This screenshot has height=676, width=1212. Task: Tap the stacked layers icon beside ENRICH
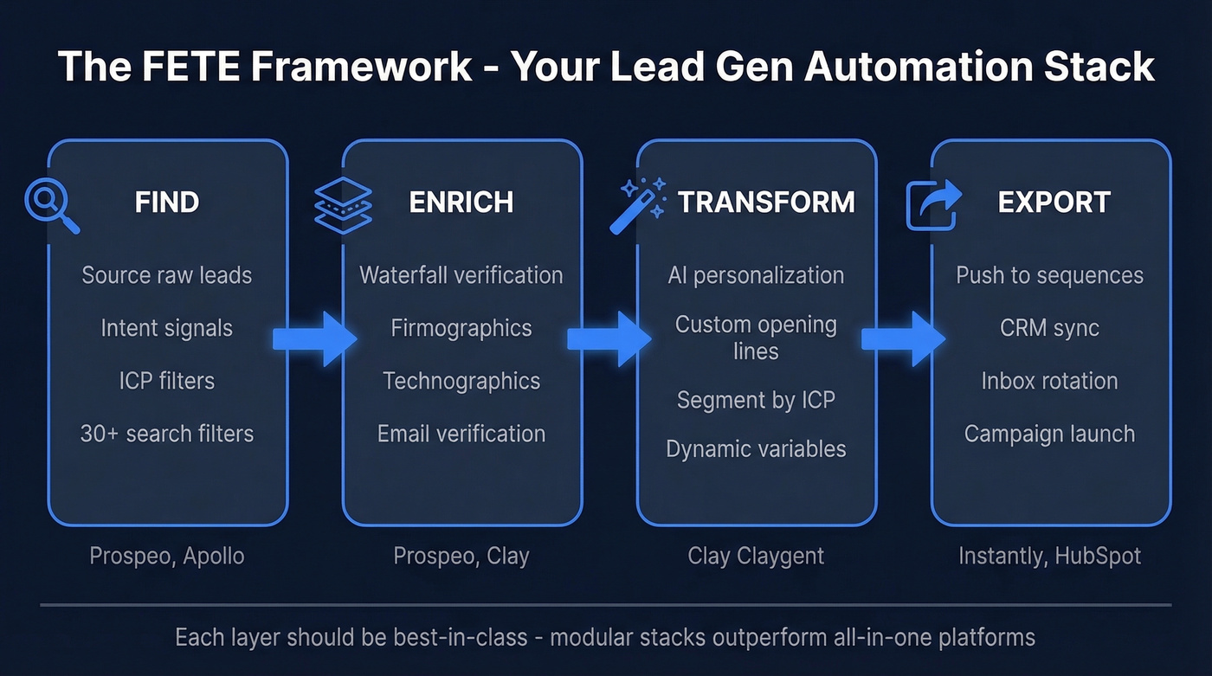[343, 204]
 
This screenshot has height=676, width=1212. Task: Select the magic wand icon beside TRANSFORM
[637, 204]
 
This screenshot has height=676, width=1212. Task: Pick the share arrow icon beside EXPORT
[933, 204]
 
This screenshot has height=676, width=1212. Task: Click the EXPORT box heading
[1054, 203]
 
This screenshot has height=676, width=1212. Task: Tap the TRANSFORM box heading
[766, 203]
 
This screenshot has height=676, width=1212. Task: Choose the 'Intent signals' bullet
[167, 329]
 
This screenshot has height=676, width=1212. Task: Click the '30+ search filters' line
[167, 434]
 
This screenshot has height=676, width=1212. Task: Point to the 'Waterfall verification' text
[461, 275]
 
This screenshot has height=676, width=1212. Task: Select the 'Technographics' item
[461, 381]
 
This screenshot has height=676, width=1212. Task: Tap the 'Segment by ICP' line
[756, 400]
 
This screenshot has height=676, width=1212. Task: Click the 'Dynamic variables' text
[756, 449]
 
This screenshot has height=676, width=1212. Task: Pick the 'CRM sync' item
[1049, 329]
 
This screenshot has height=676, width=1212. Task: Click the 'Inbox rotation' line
[1049, 381]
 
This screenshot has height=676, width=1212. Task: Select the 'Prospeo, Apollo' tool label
[167, 556]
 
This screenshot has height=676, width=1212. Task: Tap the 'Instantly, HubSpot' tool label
[1049, 556]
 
